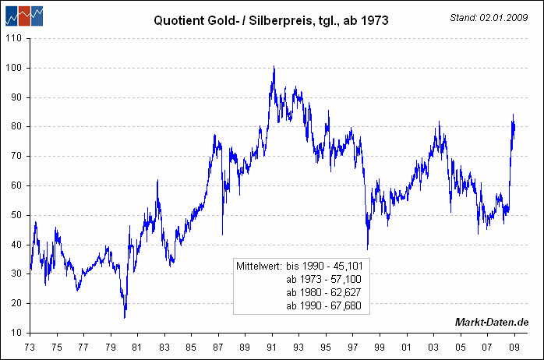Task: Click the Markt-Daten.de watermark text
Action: pos(492,323)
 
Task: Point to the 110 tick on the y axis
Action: pos(15,38)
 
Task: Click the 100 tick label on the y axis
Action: pos(15,68)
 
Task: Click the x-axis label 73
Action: pos(30,347)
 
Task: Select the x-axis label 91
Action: pos(272,347)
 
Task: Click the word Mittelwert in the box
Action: pos(260,266)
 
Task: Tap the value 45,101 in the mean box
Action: pos(346,266)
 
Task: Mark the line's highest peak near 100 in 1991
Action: pos(274,68)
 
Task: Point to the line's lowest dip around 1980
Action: pos(125,316)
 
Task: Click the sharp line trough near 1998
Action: pos(367,247)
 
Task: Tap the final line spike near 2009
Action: pos(513,115)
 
